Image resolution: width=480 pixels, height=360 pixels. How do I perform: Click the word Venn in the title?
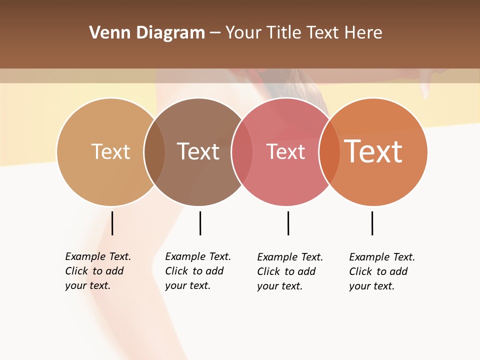(x=106, y=33)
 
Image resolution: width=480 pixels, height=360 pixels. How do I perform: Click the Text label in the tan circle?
(x=110, y=151)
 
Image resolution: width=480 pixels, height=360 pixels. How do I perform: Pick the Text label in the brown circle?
(x=198, y=151)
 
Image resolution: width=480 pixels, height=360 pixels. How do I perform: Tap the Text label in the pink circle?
(x=285, y=151)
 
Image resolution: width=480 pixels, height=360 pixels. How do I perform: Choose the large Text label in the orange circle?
(x=373, y=151)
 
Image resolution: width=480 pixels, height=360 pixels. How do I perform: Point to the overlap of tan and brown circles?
(x=155, y=152)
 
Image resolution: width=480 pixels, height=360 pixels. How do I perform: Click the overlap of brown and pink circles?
(x=242, y=152)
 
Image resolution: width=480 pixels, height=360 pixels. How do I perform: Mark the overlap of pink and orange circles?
(x=330, y=152)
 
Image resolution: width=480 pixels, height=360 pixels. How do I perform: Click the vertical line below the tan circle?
(x=112, y=223)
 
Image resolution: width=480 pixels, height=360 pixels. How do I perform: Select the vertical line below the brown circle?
(x=200, y=223)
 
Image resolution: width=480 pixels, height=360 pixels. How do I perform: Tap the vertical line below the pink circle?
(x=288, y=223)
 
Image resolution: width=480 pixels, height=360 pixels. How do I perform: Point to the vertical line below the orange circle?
(x=372, y=223)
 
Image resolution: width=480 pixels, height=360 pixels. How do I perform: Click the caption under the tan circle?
(x=98, y=271)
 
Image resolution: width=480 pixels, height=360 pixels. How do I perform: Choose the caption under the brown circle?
(x=198, y=271)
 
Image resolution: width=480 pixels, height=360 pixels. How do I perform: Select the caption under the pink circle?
(x=290, y=271)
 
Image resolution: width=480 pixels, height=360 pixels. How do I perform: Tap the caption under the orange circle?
(x=382, y=271)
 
